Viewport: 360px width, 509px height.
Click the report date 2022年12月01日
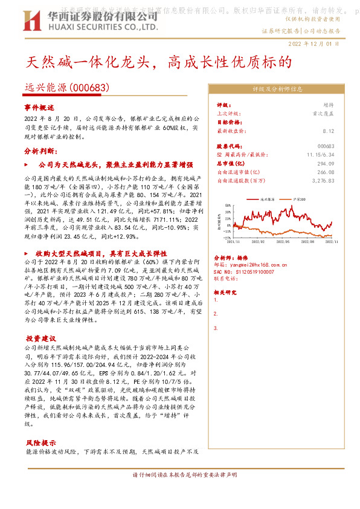(313, 44)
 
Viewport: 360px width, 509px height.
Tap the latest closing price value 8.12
(329, 131)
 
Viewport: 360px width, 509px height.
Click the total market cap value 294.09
(326, 163)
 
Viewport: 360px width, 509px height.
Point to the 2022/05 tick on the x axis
(280, 241)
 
